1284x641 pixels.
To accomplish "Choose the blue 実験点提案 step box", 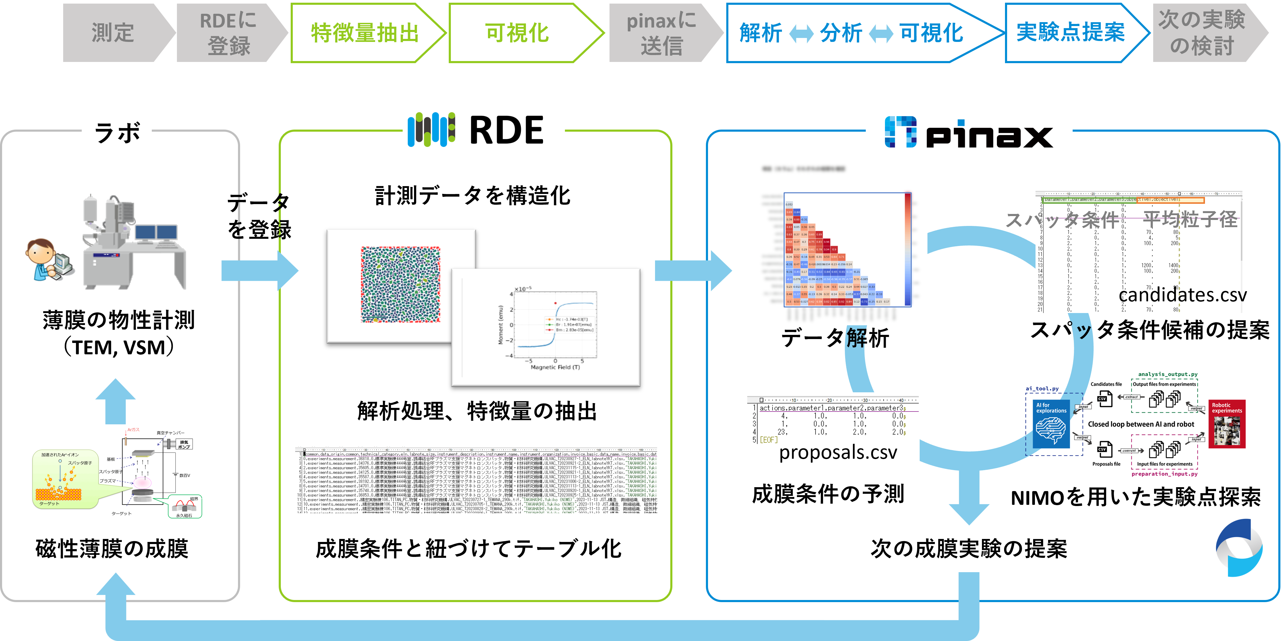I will click(x=1070, y=33).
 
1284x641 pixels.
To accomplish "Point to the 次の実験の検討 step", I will click(x=1202, y=33).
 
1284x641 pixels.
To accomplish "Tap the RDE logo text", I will click(x=506, y=131).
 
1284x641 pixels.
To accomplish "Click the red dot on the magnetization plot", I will click(x=555, y=303).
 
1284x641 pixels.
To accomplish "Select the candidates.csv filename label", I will click(x=1180, y=295).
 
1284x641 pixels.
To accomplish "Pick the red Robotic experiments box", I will click(x=1227, y=424).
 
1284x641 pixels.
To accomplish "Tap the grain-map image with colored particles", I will click(x=401, y=285).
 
